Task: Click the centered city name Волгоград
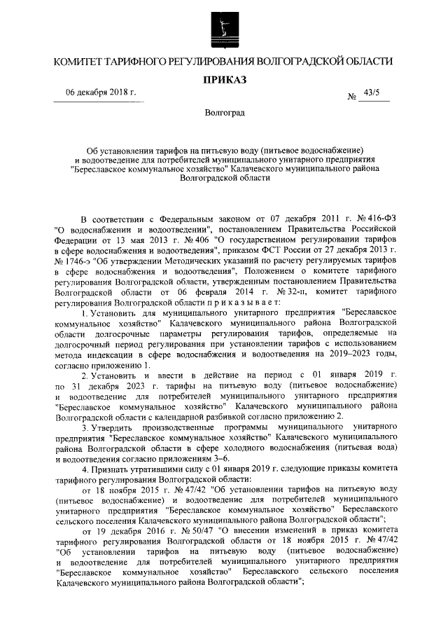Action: tap(225, 113)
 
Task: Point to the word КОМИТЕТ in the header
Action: tap(78, 62)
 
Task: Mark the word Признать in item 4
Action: tap(113, 464)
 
